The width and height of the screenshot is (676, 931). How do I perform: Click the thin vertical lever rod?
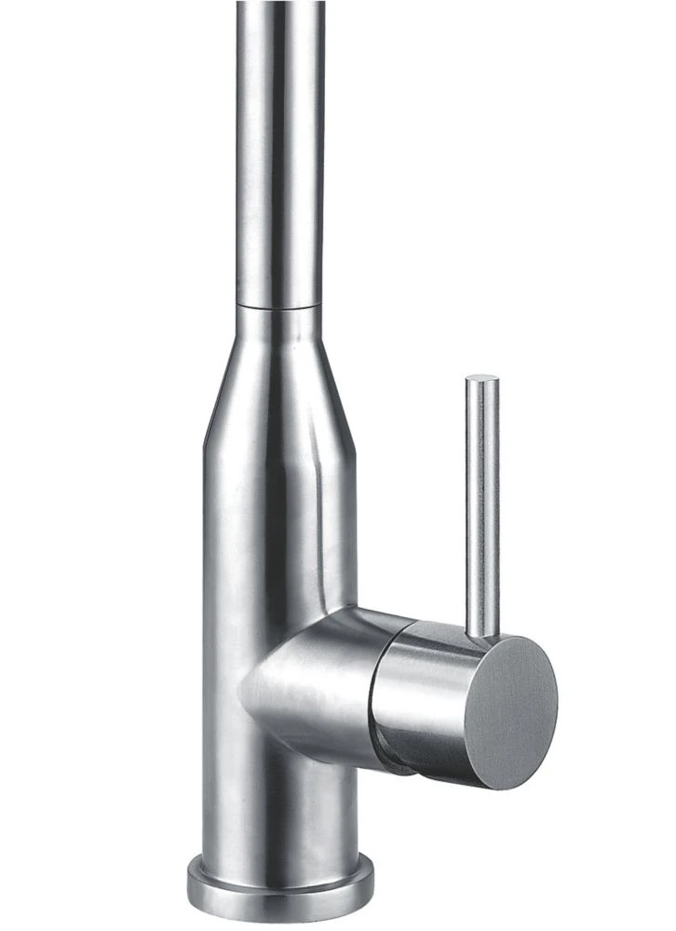482,503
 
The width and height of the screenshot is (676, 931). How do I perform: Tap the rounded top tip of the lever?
482,379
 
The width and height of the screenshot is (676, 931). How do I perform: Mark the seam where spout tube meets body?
280,305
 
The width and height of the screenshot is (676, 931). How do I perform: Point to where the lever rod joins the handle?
482,635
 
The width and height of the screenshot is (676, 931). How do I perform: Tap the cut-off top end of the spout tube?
280,4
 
